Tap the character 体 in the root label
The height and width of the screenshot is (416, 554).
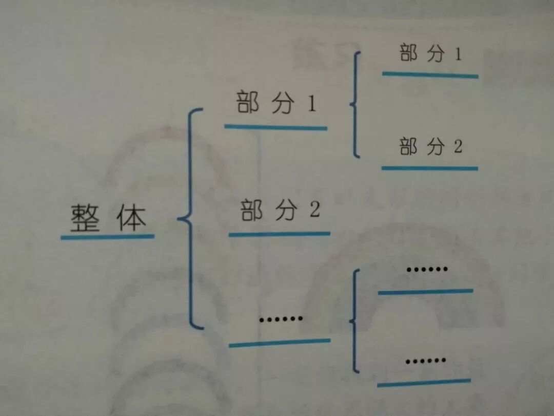point(131,218)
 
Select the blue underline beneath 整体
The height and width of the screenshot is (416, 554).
point(107,237)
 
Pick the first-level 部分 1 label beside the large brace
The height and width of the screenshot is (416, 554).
point(276,103)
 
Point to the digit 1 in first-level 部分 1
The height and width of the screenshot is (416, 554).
point(311,104)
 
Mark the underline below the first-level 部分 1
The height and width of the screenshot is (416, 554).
point(275,127)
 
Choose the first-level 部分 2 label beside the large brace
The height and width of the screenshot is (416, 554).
point(280,211)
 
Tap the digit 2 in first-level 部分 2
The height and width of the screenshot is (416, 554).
point(314,211)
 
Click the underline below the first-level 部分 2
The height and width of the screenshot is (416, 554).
point(279,234)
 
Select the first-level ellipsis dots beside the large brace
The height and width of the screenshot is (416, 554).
point(281,319)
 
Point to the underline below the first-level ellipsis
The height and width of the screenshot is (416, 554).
point(279,343)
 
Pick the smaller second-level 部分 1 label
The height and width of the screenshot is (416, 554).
point(430,54)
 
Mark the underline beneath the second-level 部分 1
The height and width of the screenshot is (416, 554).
point(430,75)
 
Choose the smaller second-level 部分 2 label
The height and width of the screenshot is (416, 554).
point(430,147)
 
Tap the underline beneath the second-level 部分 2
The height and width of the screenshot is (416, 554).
point(429,168)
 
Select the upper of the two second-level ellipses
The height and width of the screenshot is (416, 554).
point(427,269)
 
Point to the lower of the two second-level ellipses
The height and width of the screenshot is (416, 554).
point(425,361)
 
